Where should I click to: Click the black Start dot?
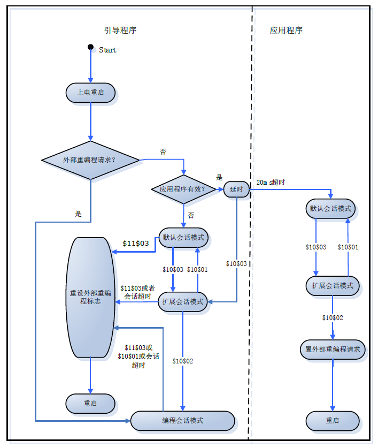click(91, 48)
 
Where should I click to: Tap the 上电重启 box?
click(90, 93)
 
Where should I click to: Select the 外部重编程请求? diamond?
click(90, 160)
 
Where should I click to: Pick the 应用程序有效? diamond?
click(183, 189)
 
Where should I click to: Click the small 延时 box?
click(236, 189)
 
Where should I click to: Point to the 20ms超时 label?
click(271, 183)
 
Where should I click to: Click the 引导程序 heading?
click(120, 31)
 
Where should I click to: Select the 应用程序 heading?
click(286, 31)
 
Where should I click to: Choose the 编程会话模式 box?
click(183, 421)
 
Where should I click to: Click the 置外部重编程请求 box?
click(333, 350)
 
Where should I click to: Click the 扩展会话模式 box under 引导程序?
click(183, 302)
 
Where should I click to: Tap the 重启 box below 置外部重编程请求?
click(333, 421)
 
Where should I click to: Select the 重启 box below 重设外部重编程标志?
click(90, 404)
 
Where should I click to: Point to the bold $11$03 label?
click(135, 244)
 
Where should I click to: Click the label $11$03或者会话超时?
click(137, 292)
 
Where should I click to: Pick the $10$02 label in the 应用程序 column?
click(333, 318)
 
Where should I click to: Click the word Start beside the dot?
click(107, 50)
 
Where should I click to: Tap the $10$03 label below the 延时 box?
click(236, 264)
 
